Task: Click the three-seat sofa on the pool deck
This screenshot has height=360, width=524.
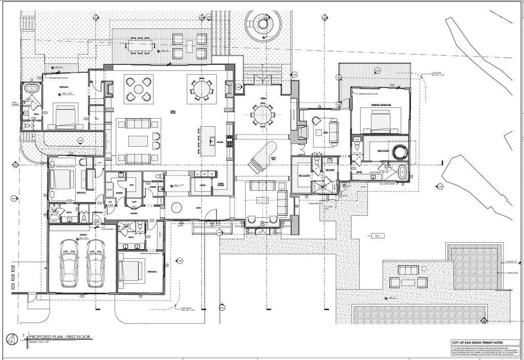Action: (408, 270)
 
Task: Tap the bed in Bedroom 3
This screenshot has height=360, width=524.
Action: (132, 271)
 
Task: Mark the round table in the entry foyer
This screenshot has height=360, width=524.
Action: (177, 208)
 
